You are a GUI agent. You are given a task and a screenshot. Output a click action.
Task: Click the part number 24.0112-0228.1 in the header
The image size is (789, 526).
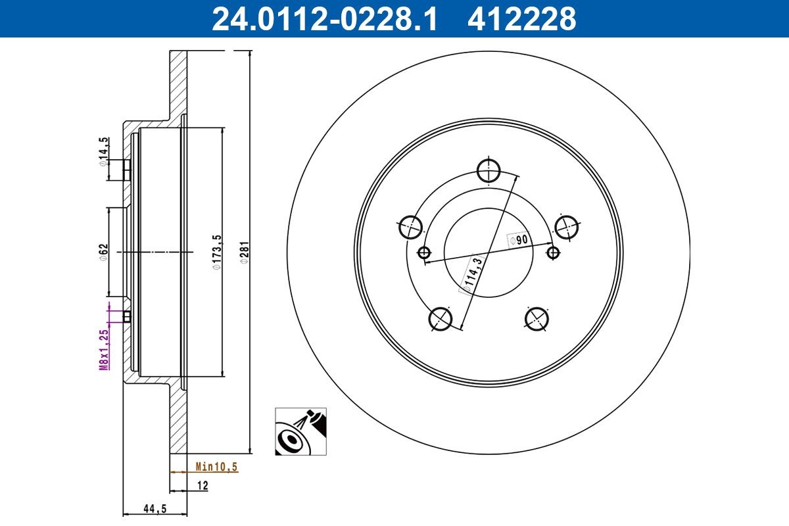[323, 19]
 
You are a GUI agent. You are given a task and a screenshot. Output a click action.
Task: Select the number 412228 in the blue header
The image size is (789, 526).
[521, 19]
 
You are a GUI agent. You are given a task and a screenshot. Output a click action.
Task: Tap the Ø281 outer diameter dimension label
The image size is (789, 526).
[244, 252]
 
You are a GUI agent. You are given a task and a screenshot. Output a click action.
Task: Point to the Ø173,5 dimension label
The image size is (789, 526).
[215, 253]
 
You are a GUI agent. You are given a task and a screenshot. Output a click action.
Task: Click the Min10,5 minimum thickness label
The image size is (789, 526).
[216, 467]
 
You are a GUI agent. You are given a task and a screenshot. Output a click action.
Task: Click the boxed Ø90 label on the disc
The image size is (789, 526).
[519, 240]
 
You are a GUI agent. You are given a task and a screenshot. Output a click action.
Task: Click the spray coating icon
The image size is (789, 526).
[300, 431]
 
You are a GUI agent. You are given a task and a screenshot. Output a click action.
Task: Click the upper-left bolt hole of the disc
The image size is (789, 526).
[410, 227]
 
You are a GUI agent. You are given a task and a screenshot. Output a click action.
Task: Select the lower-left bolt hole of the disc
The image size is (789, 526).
[441, 319]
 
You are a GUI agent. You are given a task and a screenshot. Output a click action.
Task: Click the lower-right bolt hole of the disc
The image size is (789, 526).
[537, 319]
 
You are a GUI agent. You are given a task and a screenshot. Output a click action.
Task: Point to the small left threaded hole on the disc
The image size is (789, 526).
[424, 252]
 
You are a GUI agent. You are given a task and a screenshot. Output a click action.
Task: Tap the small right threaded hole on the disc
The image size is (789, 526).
[554, 252]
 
